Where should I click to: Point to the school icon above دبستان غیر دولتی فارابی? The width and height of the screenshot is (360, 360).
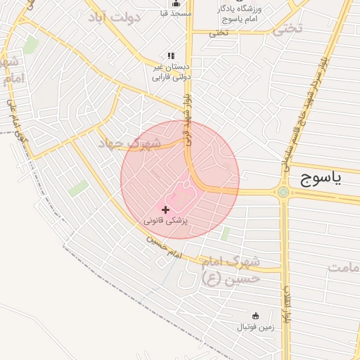170,56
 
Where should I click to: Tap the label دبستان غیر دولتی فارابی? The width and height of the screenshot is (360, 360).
172,72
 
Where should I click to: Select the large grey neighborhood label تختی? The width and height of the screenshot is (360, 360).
288,28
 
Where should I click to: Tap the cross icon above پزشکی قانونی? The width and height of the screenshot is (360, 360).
166,210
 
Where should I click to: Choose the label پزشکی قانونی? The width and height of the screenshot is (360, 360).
166,221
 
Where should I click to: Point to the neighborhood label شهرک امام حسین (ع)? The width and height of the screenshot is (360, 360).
231,269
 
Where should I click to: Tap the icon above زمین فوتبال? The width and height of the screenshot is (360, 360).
255,316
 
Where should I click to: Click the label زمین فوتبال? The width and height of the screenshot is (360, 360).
255,327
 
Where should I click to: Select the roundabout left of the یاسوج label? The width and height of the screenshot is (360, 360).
283,192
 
